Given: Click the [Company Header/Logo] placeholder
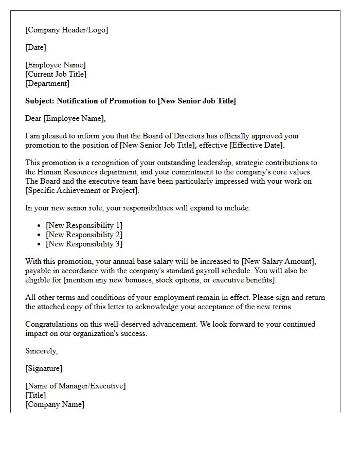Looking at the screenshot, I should (67, 30).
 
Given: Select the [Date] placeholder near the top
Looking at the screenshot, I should (35, 47).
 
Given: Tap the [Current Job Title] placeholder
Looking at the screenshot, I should (56, 74).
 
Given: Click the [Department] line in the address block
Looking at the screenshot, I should (47, 83).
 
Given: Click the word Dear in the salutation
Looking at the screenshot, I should (33, 118).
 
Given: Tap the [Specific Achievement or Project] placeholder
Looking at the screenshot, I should (82, 190).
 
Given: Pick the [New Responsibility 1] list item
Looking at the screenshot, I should (84, 225).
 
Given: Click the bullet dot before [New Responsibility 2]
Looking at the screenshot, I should (40, 235).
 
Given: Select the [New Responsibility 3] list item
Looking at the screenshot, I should (84, 244).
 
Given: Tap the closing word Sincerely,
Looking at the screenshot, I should (42, 351).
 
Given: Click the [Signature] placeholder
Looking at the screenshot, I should (44, 368).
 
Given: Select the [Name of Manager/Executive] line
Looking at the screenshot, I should (75, 386).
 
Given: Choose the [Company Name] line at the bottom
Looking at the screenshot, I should (55, 404).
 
